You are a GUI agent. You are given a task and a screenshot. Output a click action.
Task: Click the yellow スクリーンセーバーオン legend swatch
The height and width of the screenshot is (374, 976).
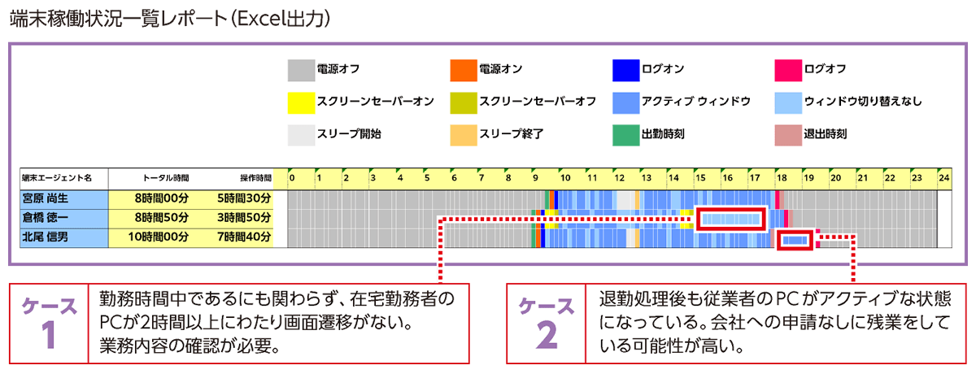click(301, 102)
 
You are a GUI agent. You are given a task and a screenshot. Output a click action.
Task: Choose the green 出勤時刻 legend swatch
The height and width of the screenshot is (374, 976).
click(625, 133)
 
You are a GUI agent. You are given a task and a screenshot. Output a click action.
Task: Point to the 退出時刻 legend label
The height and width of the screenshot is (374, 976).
click(825, 133)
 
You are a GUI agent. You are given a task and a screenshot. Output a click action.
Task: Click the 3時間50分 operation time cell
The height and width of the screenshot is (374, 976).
click(244, 217)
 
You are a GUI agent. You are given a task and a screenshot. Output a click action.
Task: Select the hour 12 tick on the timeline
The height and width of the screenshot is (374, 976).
click(618, 177)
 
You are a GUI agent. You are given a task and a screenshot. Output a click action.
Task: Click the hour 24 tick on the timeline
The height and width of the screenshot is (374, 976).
click(944, 177)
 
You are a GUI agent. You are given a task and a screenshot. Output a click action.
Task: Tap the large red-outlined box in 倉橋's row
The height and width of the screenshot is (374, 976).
click(731, 218)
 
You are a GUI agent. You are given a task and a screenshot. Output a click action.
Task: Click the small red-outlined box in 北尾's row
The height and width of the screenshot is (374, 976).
click(795, 239)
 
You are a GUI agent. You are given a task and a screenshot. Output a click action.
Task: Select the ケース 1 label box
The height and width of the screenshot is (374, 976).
click(48, 323)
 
